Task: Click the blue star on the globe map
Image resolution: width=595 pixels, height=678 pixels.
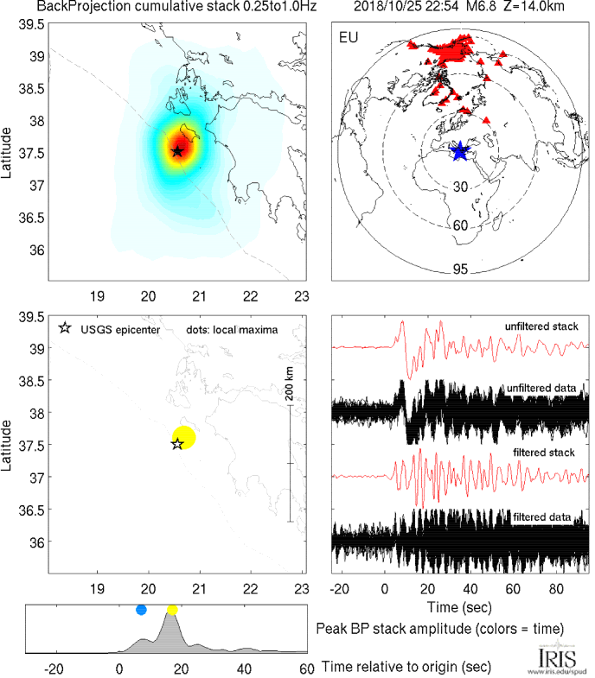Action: point(460,151)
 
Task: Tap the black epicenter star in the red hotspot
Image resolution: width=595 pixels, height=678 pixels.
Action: point(177,151)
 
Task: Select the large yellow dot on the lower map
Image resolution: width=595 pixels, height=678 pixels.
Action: point(184,437)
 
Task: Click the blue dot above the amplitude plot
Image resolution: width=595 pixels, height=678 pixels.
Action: point(142,610)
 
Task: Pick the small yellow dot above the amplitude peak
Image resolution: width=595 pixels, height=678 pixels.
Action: point(172,610)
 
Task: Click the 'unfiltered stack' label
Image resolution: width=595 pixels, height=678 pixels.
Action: point(541,326)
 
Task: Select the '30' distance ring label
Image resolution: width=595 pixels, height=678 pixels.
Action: point(461,187)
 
